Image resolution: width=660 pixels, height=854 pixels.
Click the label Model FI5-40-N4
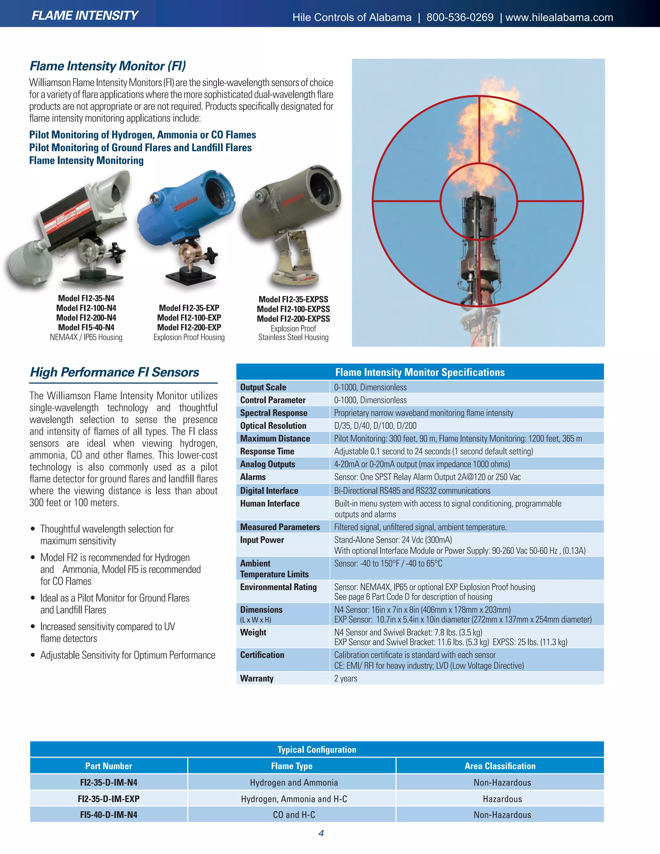click(x=86, y=327)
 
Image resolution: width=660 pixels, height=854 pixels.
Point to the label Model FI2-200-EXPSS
click(x=293, y=319)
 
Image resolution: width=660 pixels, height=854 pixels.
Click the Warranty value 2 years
click(x=346, y=678)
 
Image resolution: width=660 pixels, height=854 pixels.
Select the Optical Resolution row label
click(x=273, y=425)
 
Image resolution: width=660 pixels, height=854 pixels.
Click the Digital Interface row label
click(x=269, y=490)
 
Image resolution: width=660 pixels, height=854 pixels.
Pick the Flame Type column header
click(x=292, y=766)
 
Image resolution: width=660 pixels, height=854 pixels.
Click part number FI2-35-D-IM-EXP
click(x=109, y=799)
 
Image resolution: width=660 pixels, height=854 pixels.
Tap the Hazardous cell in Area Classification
click(x=502, y=799)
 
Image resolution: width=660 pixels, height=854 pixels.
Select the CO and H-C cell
click(x=294, y=815)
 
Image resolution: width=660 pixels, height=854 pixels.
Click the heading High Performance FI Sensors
click(x=114, y=372)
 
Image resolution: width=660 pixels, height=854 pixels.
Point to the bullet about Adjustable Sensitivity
click(x=128, y=655)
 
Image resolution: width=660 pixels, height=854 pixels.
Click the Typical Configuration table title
click(x=317, y=750)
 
